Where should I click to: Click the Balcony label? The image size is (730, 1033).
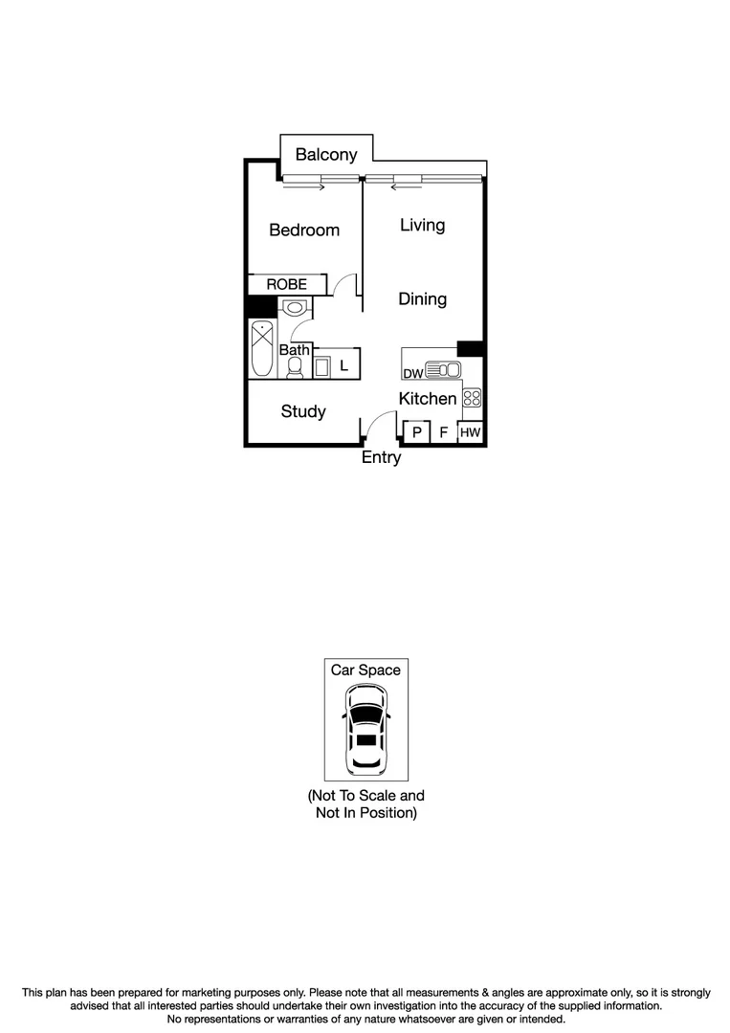326,154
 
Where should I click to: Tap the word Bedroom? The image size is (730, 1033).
304,230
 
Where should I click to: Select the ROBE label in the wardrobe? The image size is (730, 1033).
287,284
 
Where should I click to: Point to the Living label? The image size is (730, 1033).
422,225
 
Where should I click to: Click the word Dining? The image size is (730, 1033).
422,299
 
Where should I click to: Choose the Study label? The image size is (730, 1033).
303,411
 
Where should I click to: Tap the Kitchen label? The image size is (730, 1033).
428,398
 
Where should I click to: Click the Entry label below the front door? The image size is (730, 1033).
381,458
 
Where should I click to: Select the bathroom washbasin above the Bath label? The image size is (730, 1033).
296,307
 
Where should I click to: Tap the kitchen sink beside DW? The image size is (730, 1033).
443,369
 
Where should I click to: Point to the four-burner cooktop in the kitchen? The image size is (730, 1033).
472,398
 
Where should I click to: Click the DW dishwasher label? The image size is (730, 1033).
412,373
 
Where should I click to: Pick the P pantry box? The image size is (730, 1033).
417,433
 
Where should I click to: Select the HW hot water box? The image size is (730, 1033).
471,433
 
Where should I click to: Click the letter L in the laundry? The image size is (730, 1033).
343,365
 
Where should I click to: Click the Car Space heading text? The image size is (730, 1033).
365,670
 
